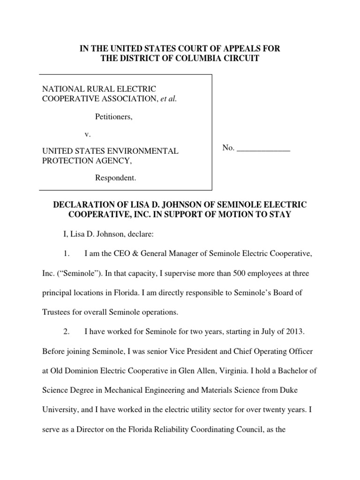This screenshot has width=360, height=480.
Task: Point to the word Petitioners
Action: click(114, 117)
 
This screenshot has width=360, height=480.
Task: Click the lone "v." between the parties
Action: click(87, 135)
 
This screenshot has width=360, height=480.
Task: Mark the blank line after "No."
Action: click(264, 148)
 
